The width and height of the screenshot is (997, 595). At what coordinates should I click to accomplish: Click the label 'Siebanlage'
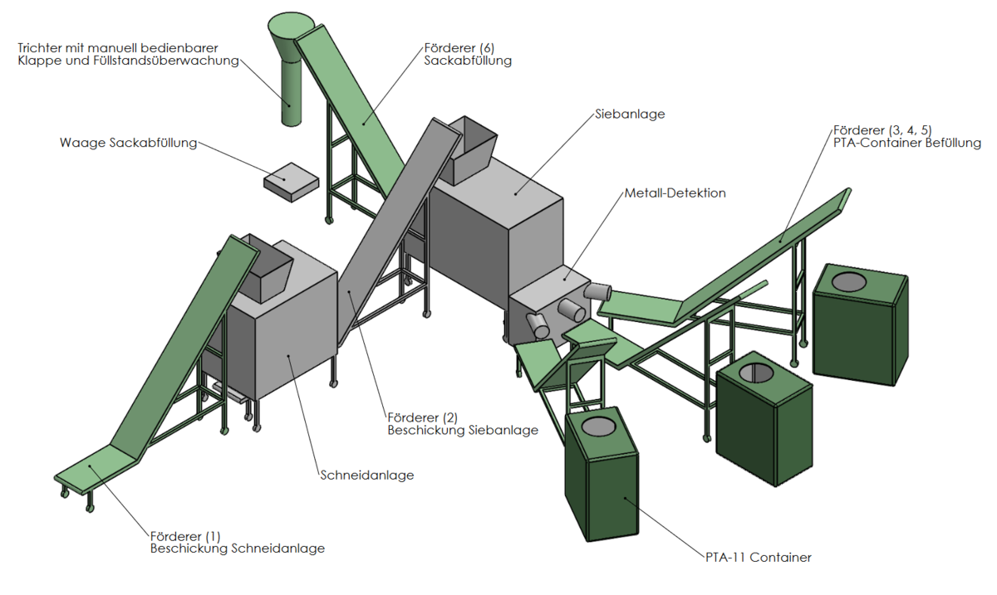point(630,115)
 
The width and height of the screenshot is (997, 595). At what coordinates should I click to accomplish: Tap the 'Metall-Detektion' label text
point(675,193)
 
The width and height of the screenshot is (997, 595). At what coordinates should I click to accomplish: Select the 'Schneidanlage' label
point(366,476)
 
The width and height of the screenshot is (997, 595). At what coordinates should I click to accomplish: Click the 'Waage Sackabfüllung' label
point(128,143)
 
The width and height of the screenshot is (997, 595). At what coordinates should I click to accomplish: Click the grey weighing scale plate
point(290,182)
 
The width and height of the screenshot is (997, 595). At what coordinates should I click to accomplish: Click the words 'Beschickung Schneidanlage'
point(237,549)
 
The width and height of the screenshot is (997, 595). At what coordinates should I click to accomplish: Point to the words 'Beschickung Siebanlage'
point(462,430)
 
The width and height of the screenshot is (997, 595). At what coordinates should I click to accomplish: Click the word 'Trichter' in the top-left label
point(40,47)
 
